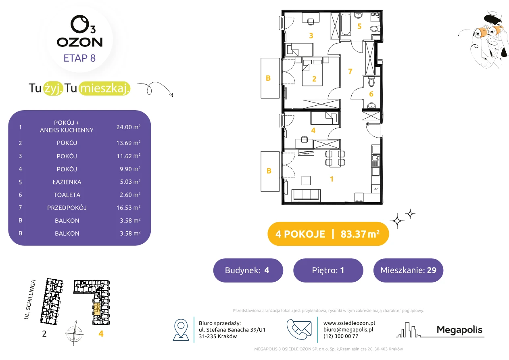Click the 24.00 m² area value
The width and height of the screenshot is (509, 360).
coord(128,127)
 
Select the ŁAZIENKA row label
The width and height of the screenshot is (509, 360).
coord(67,182)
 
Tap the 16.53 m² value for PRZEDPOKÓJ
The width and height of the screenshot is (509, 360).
coord(128,207)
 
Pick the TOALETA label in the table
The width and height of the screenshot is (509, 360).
coord(67,195)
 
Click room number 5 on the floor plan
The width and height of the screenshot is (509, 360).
coord(359,26)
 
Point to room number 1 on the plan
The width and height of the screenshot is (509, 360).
coord(332,179)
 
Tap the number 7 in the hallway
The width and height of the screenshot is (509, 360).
coord(350,71)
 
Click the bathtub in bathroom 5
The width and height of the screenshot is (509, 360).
coord(346,24)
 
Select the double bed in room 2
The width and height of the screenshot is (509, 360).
coord(312,73)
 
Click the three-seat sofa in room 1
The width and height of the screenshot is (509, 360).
coord(306,195)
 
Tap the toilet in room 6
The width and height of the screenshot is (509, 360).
coord(371,82)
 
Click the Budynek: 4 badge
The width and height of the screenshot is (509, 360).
coord(248,270)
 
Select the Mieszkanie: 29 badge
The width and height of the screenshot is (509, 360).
coord(408,270)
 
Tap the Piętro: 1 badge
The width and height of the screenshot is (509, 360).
coord(328,270)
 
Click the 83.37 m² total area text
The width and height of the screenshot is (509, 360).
coord(360,234)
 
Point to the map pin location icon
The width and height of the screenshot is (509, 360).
coord(181,329)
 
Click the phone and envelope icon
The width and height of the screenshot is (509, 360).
coord(299,329)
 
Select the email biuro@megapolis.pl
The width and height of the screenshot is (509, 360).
coord(348,329)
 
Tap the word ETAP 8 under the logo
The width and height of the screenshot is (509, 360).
coord(79,58)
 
